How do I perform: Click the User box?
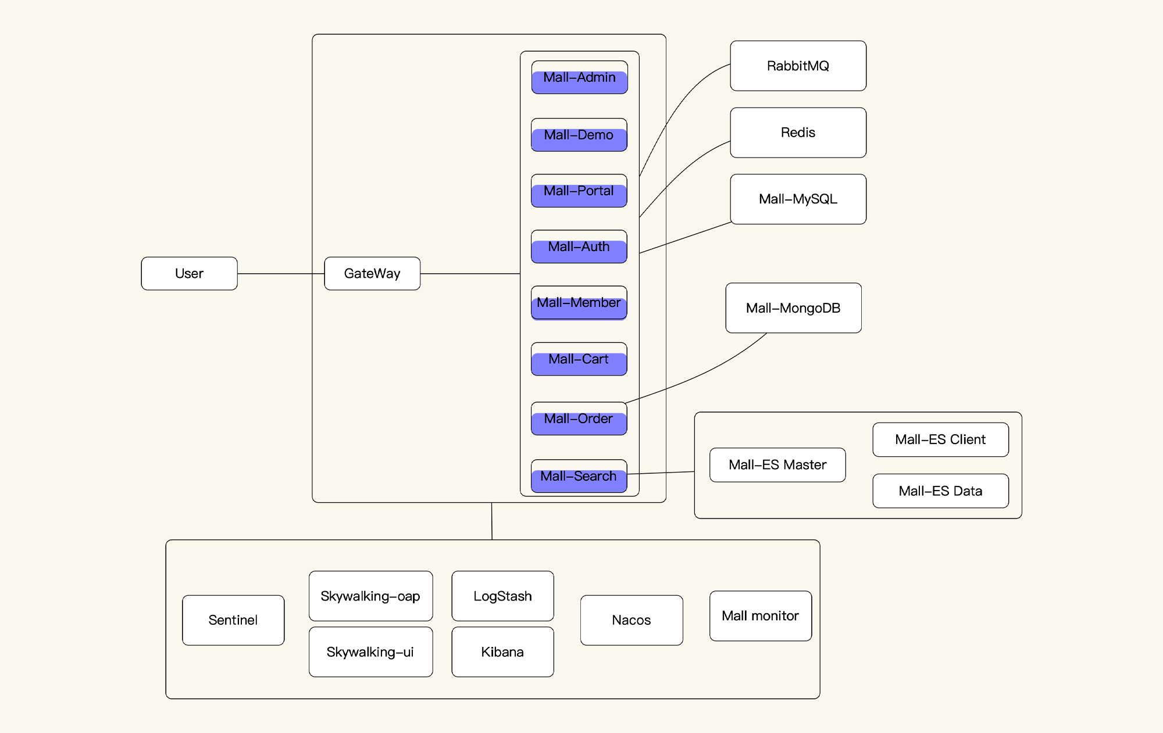[189, 273]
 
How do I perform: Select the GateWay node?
[372, 273]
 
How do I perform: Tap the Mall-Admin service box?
[579, 77]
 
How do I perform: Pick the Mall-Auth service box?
[579, 247]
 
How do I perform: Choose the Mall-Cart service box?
[579, 359]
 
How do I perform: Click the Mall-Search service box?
[579, 477]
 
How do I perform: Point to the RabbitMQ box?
[798, 66]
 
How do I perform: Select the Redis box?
[798, 133]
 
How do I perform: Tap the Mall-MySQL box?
[798, 199]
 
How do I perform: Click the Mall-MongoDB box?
[793, 308]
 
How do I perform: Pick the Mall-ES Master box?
[777, 465]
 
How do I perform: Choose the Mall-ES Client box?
[940, 439]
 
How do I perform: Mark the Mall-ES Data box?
[940, 491]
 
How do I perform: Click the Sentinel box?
[233, 620]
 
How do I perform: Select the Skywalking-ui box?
[370, 652]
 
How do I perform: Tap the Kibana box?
[502, 652]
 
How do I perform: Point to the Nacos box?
[632, 620]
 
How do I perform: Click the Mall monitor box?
[761, 616]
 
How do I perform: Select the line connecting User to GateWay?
[281, 274]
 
